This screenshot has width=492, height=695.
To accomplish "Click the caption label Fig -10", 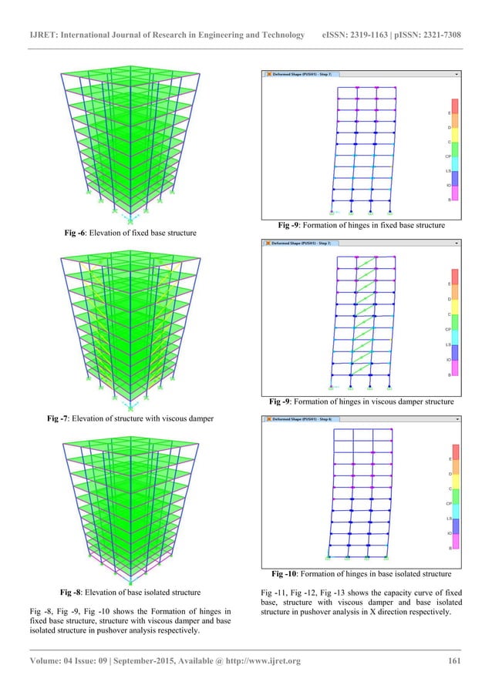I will pos(288,574).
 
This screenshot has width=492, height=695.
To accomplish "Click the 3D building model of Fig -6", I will pos(124,139).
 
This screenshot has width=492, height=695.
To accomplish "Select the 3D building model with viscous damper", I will pos(124,324).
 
